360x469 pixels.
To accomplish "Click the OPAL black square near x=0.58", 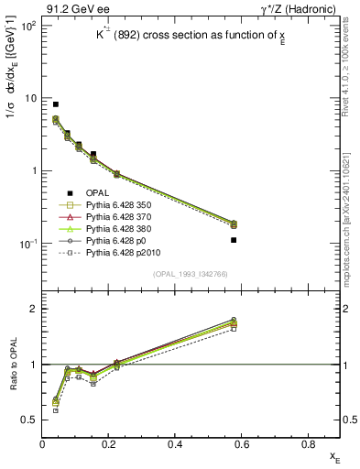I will [x=234, y=240].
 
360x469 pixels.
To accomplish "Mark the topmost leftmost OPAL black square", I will [x=56, y=104].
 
